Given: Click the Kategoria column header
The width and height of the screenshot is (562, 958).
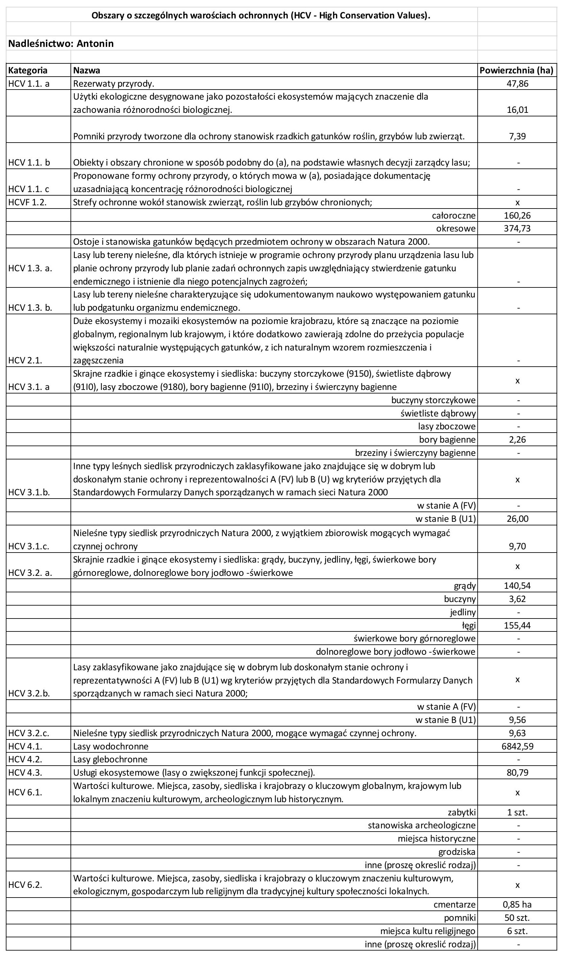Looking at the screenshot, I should tap(28, 70).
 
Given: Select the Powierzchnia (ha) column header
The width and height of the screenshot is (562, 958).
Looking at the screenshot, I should tap(516, 70).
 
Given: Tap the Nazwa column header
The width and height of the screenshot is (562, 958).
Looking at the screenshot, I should tap(86, 70).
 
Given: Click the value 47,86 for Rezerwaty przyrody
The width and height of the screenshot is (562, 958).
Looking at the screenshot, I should tap(517, 84).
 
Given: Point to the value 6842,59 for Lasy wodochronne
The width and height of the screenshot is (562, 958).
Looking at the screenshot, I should tap(517, 746).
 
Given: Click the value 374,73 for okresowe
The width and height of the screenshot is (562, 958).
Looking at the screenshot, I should tap(517, 229).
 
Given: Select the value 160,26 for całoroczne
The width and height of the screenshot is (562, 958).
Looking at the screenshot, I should tap(517, 216).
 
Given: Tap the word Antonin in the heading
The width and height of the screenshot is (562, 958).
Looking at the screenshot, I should tap(95, 43).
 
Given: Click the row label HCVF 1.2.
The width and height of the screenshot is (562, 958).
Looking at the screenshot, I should tap(27, 202).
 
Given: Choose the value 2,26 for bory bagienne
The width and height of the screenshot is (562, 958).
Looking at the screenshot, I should tap(517, 439).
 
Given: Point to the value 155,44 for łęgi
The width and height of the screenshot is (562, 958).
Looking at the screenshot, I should tap(517, 625).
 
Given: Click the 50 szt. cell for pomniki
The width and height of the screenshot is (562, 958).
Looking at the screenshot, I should tap(517, 918).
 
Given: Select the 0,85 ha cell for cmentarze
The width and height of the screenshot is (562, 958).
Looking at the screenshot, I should tap(517, 904).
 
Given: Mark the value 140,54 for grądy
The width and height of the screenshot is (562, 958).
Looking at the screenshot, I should tap(517, 586).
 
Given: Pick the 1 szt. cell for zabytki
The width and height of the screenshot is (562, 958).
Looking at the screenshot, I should tap(517, 813).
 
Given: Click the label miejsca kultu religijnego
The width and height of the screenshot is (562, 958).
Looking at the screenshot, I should tap(427, 931).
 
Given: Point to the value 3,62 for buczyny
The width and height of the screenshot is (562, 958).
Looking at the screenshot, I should tap(517, 599).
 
